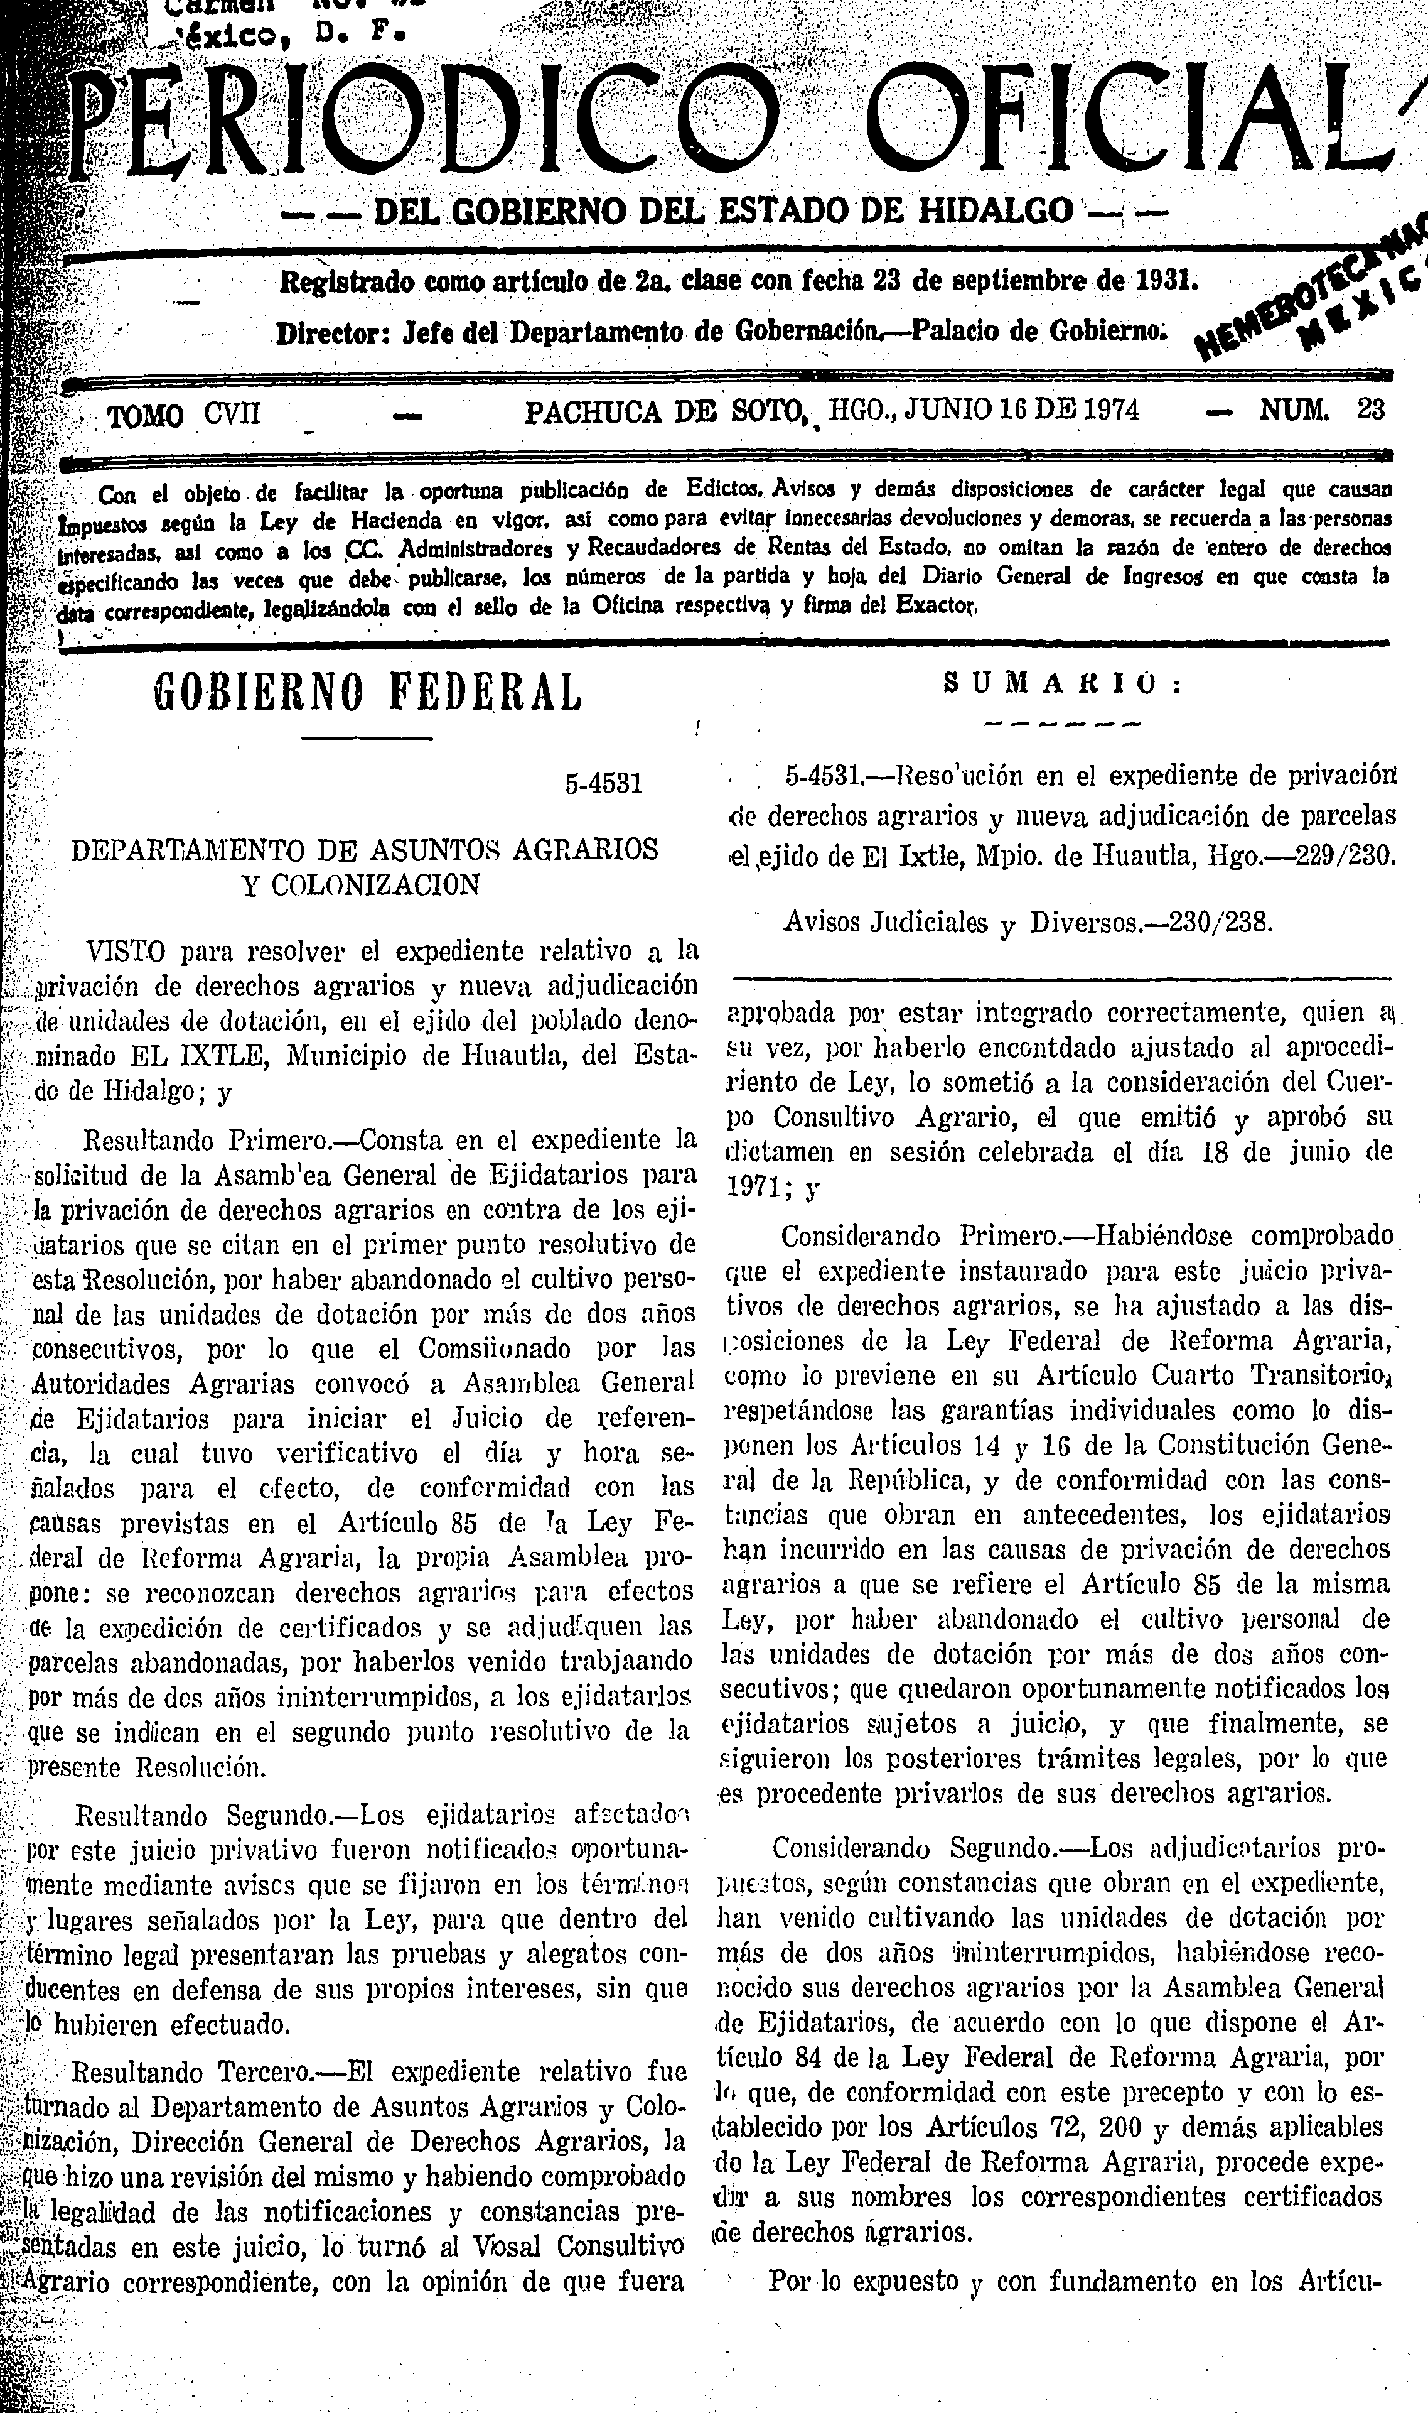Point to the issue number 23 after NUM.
[x=1372, y=411]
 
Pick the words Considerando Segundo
[x=924, y=1848]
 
